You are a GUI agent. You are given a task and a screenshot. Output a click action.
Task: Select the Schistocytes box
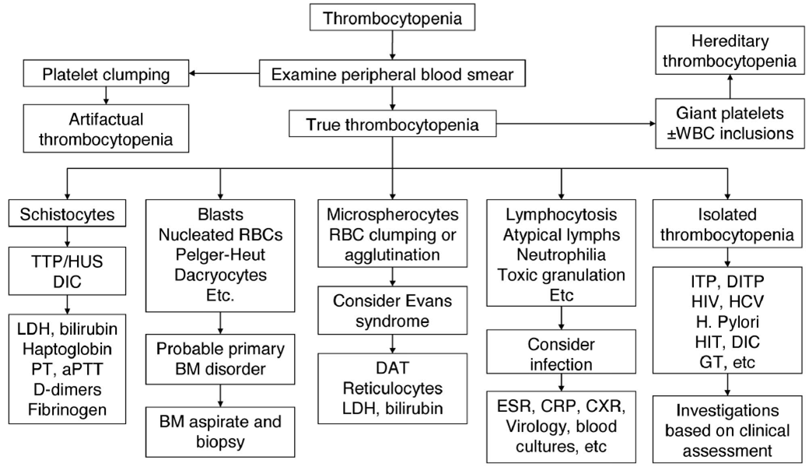68,212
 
